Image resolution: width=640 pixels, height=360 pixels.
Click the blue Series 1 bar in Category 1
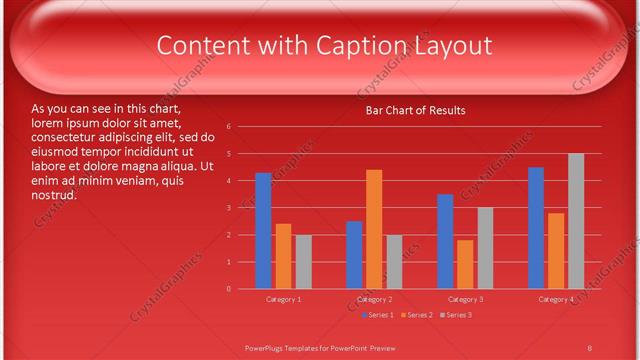pos(263,231)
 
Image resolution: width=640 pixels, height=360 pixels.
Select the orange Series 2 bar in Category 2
pos(374,229)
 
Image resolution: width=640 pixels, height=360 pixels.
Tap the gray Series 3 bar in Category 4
pos(576,221)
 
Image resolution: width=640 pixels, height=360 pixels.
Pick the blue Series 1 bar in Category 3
pos(445,241)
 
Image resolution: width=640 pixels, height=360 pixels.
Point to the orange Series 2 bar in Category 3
pos(465,264)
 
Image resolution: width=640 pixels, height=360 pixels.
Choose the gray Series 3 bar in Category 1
pos(303,262)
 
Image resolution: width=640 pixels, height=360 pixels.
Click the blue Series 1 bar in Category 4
pos(536,228)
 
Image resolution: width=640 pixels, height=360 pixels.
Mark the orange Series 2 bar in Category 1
pos(283,256)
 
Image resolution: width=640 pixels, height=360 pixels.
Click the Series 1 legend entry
pos(377,316)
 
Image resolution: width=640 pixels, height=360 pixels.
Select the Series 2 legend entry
pos(417,316)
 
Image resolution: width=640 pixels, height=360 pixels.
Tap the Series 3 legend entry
pos(457,316)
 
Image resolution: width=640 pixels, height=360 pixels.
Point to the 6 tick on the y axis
pos(229,127)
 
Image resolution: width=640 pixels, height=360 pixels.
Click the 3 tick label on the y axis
pos(229,208)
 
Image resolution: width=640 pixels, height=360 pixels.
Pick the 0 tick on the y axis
pos(229,289)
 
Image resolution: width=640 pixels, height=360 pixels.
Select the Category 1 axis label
pos(284,300)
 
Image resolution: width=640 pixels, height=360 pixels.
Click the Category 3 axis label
pos(465,300)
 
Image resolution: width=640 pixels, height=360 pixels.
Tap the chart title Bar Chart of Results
pos(415,110)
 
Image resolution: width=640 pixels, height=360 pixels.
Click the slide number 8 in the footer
pos(590,347)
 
